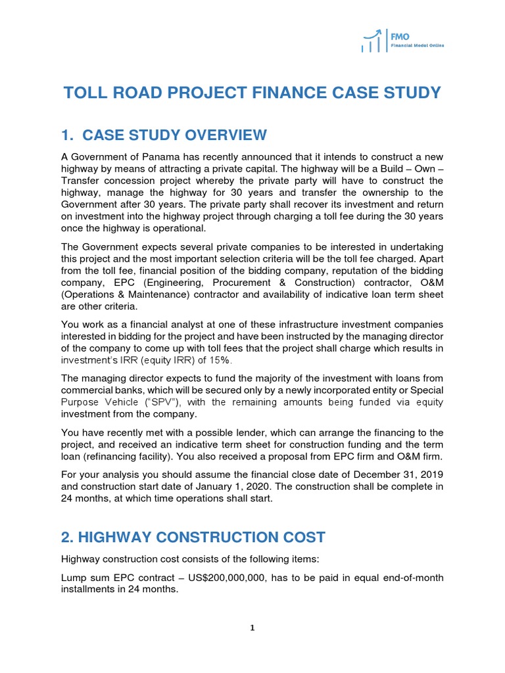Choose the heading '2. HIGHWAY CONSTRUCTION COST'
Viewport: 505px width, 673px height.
(193, 537)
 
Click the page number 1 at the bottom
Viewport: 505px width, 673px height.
(252, 628)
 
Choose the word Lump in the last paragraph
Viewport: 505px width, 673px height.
(74, 578)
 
